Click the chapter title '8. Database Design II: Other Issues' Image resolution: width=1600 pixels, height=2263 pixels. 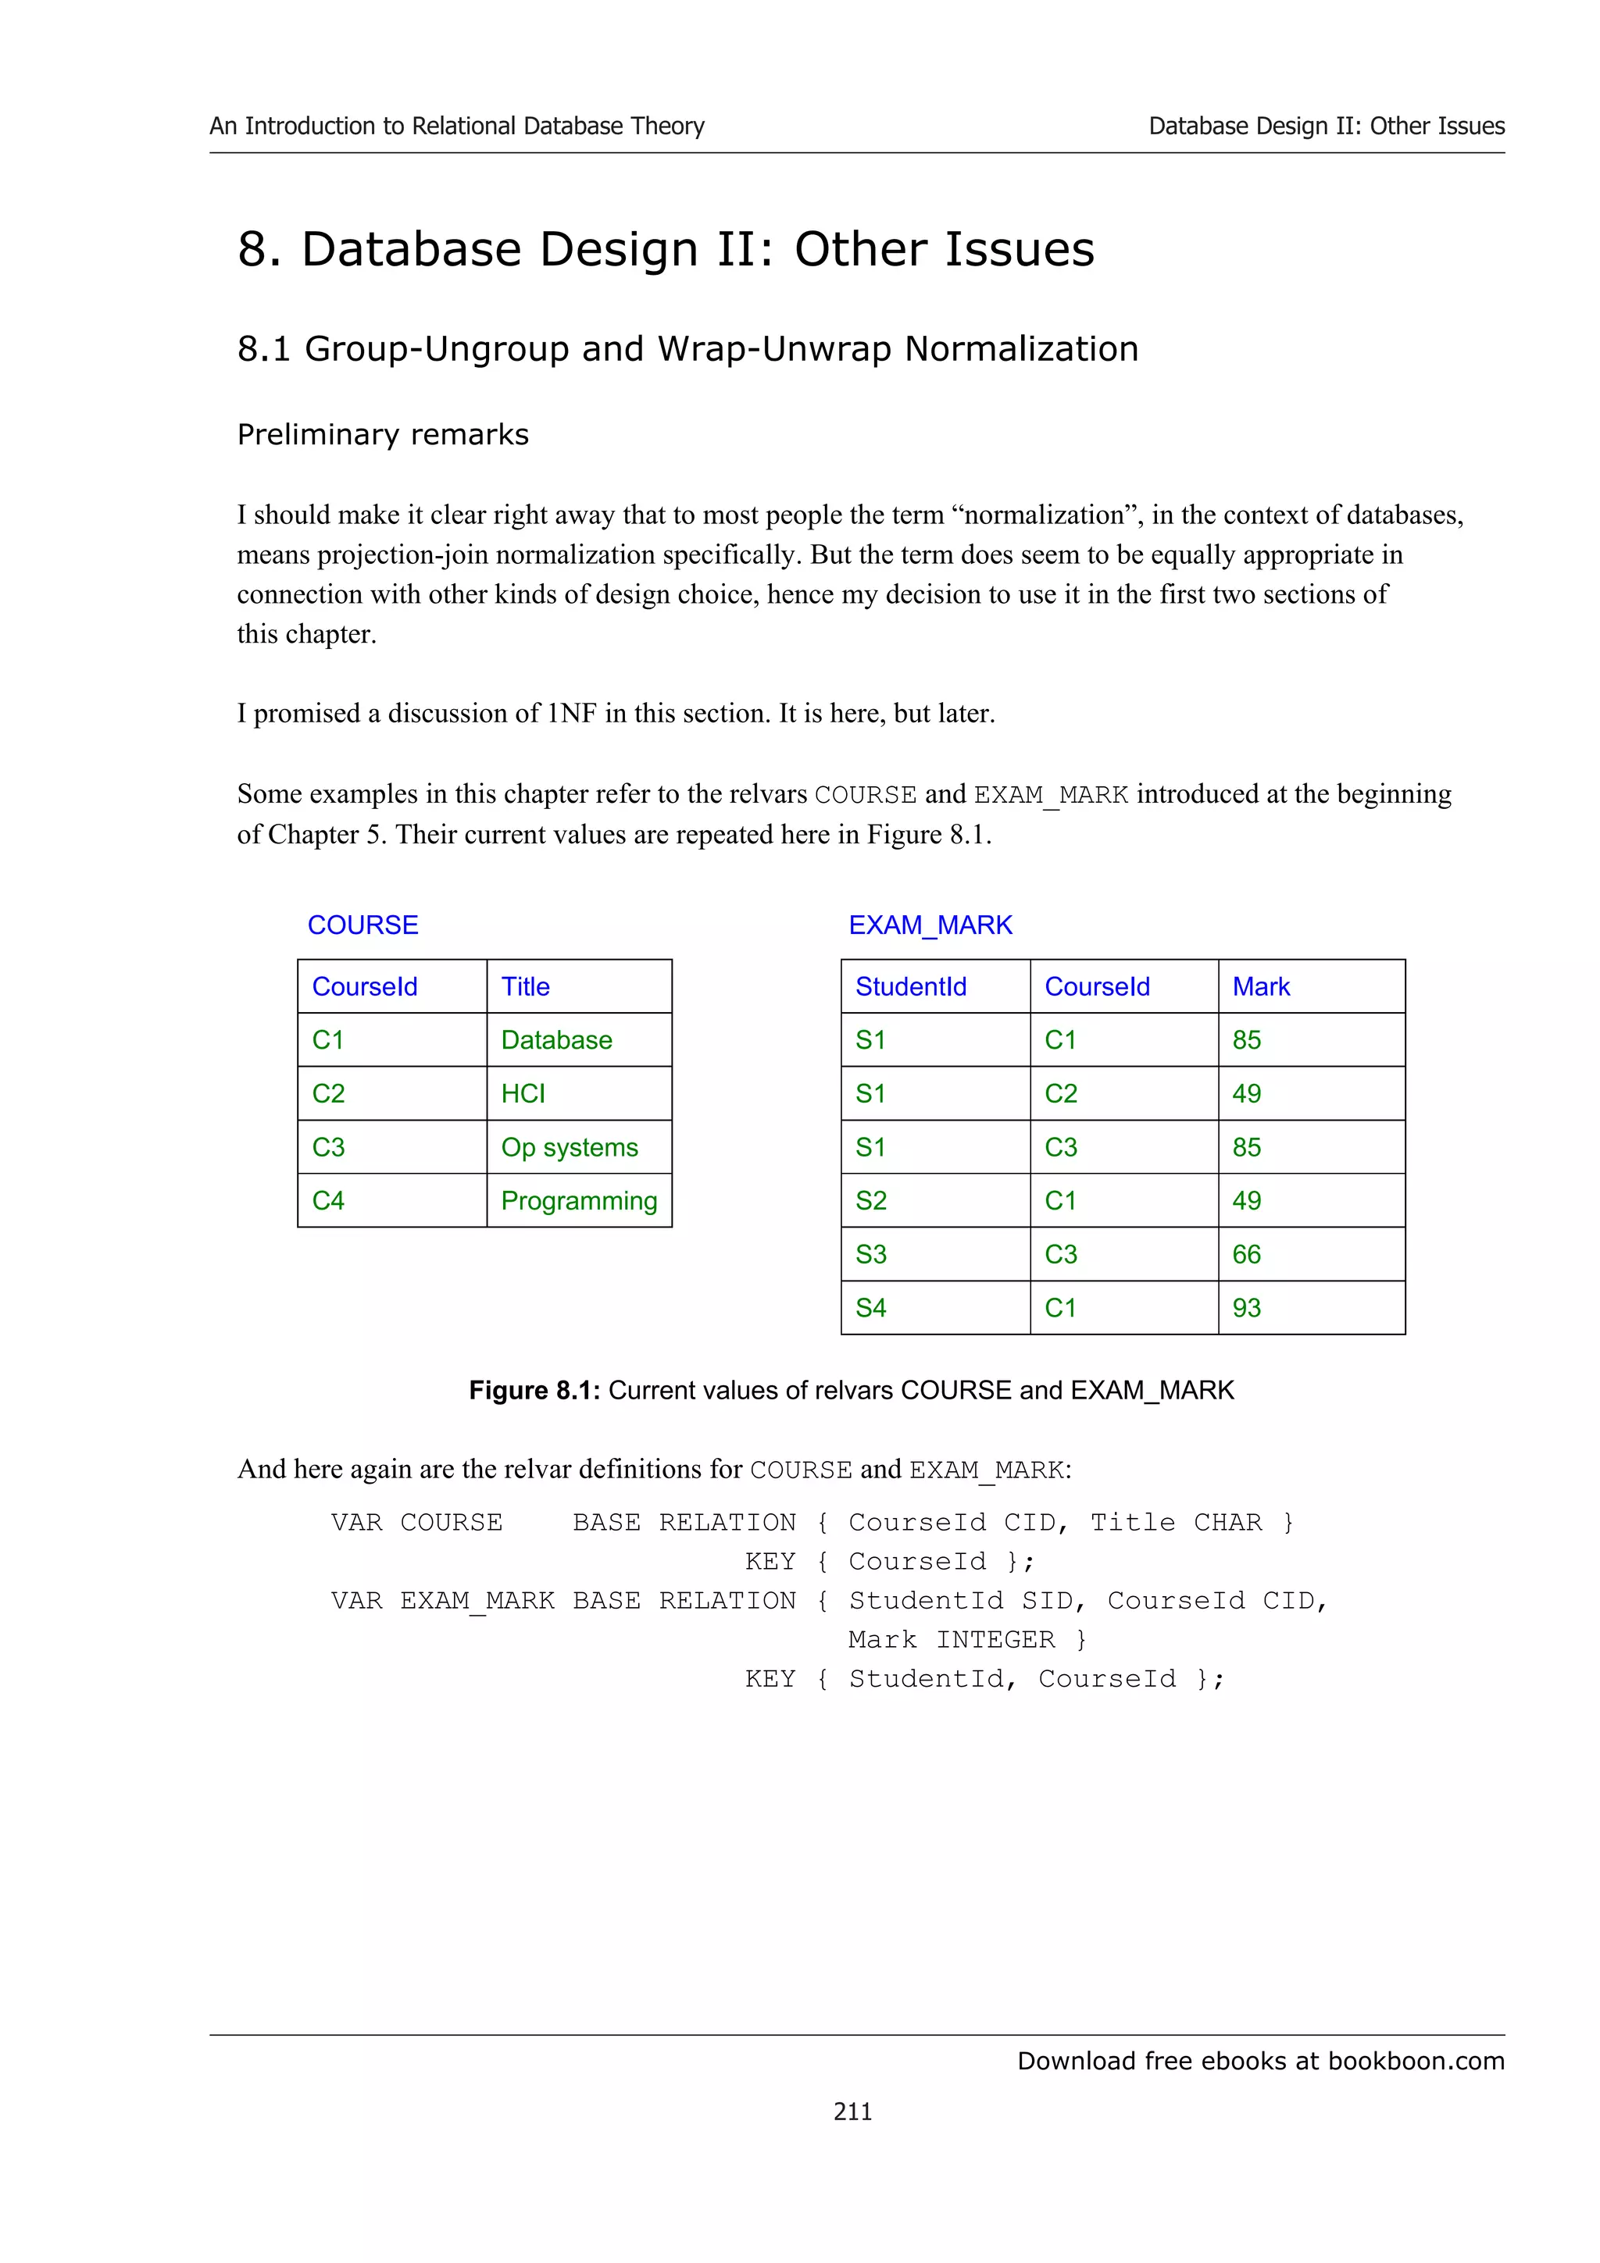pos(666,248)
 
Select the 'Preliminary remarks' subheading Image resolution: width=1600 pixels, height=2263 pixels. pos(383,435)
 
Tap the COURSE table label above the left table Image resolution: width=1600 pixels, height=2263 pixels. pos(362,925)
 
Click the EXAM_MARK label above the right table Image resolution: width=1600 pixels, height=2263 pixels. pos(930,925)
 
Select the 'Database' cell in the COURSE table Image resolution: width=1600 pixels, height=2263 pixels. pos(556,1040)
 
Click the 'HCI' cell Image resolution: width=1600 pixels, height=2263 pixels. pos(523,1094)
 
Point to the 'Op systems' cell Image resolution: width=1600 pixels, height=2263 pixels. pos(569,1147)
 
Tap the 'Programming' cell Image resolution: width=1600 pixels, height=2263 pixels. pos(579,1200)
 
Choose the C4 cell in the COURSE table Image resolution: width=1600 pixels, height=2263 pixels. pos(328,1200)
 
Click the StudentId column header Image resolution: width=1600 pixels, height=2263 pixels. pos(910,986)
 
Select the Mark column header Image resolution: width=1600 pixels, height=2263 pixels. pos(1260,986)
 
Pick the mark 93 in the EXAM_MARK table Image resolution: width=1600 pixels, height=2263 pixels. pos(1246,1308)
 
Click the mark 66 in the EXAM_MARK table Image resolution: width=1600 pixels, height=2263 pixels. pos(1246,1255)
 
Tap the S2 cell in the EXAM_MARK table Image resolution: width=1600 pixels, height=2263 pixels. pos(870,1200)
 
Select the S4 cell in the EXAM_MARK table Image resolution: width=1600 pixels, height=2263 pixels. pos(870,1308)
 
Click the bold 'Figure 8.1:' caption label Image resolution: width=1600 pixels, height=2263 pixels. pos(534,1390)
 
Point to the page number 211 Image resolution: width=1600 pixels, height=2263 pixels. pos(853,2112)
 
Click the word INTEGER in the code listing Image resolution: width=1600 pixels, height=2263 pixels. pos(995,1639)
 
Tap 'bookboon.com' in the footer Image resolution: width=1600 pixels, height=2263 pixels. pos(1416,2060)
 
